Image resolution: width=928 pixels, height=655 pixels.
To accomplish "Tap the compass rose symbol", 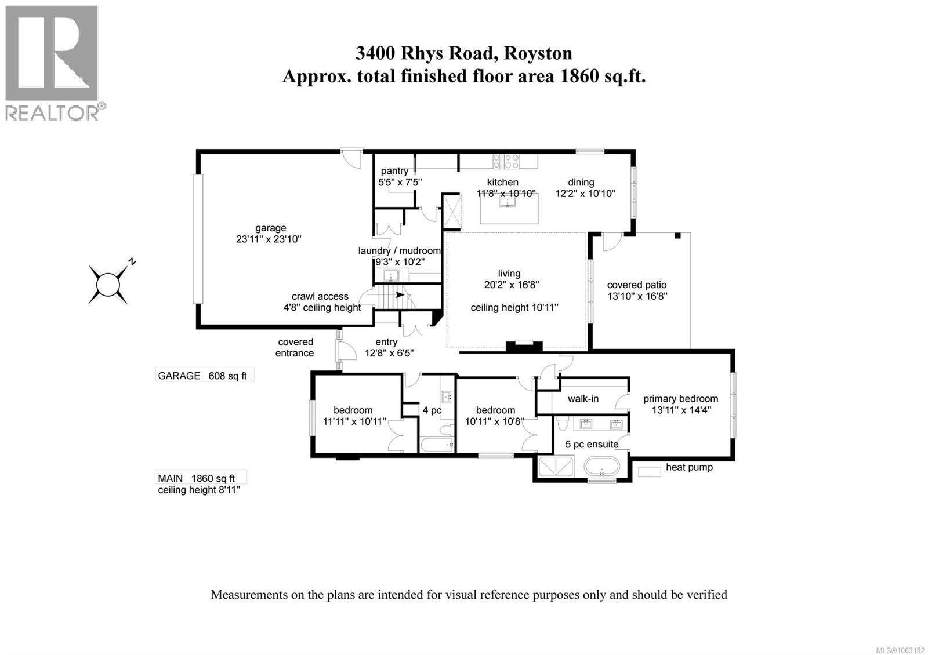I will point(108,283).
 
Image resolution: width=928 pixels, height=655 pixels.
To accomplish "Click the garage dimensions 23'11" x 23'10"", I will point(270,239).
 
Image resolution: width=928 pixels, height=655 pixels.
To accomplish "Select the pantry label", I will point(394,171).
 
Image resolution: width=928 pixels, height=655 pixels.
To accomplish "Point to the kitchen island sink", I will point(509,202).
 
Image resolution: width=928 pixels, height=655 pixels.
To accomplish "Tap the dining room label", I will point(581,182).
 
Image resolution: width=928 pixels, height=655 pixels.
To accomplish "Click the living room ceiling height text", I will point(514,308).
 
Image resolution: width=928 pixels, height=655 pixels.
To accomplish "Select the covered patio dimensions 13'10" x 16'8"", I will point(637,296).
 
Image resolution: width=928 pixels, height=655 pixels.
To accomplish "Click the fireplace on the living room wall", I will point(524,346).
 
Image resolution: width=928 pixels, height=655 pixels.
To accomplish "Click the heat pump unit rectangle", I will point(650,471).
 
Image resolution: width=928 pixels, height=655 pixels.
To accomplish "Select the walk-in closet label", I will point(583,399).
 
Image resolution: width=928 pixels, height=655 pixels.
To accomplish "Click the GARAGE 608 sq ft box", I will point(204,376).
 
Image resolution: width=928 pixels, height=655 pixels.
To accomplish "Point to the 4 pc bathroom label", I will point(432,410).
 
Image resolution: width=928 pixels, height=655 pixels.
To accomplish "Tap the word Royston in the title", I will point(538,53).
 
